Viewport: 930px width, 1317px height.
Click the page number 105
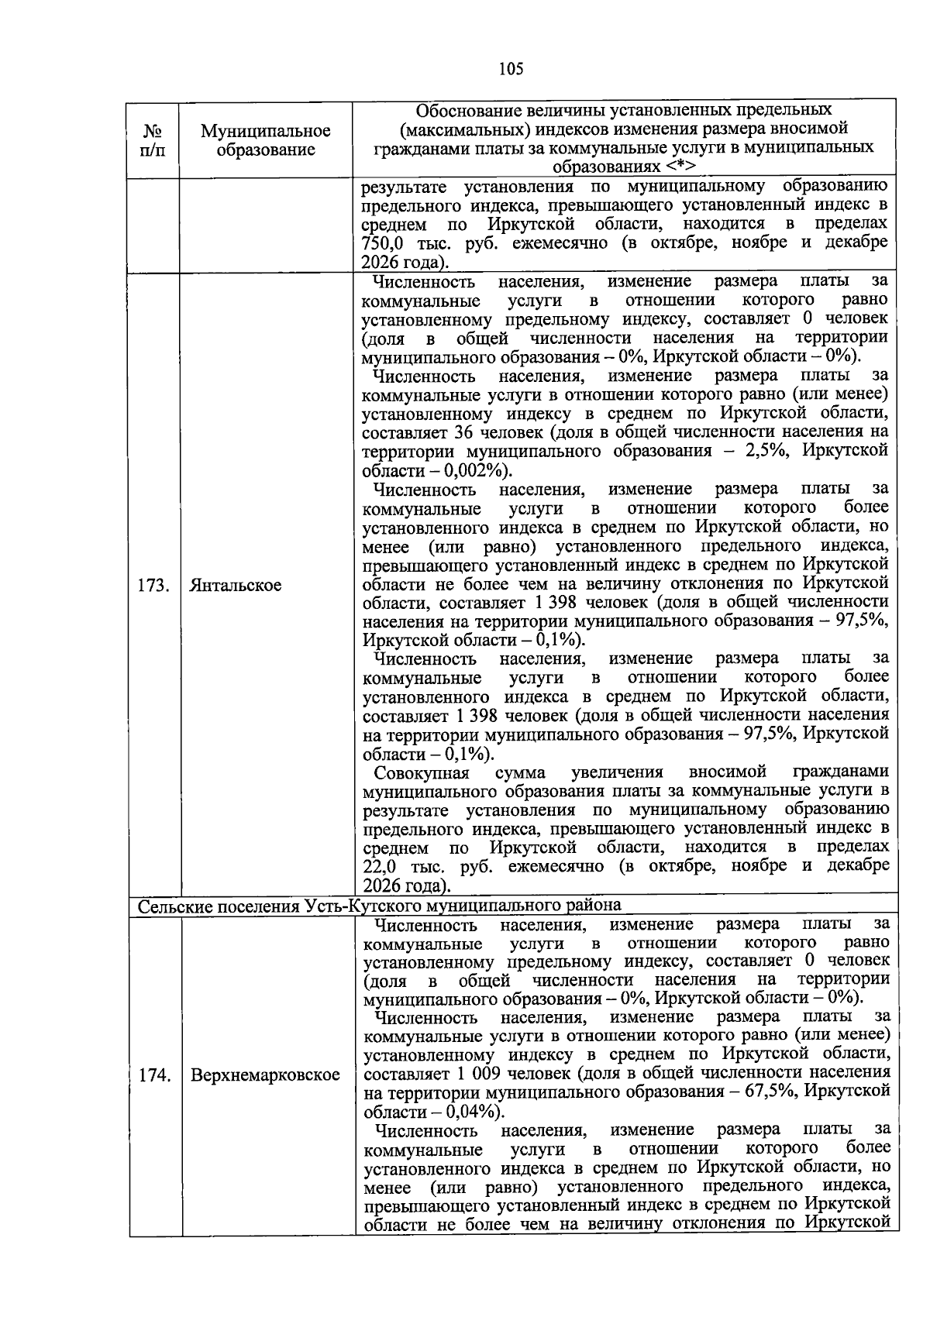click(x=511, y=69)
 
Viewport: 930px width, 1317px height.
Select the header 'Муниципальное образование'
click(x=265, y=140)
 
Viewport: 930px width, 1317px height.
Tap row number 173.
click(x=153, y=585)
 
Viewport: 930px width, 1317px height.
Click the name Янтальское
click(x=236, y=585)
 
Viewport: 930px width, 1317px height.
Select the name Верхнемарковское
click(x=266, y=1075)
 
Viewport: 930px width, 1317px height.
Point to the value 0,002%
click(x=472, y=471)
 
